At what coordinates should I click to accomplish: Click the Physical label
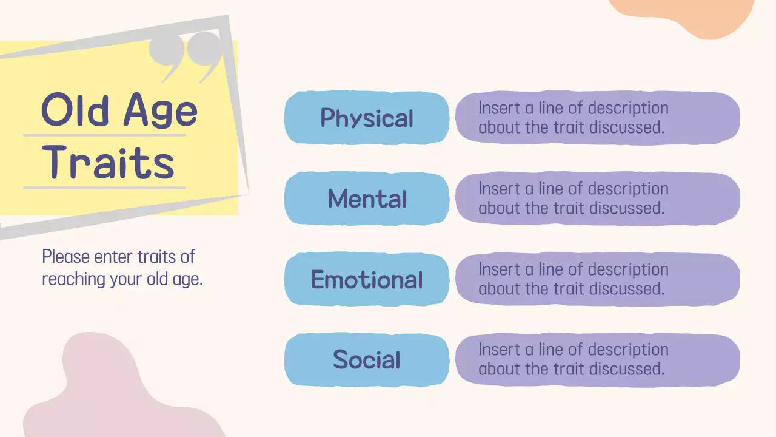click(x=367, y=118)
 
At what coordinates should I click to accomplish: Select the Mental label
click(x=367, y=198)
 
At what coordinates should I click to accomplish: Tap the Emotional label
click(x=367, y=279)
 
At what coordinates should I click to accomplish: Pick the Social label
click(x=367, y=359)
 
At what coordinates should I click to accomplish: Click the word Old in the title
click(x=75, y=110)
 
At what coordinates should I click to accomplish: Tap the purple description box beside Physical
click(x=597, y=118)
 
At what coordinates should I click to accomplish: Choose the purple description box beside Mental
click(x=597, y=198)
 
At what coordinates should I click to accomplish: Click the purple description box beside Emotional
click(x=597, y=279)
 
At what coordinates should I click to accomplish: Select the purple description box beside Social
click(x=597, y=359)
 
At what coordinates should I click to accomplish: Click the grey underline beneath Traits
click(x=104, y=188)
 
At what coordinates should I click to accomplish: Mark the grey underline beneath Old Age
click(x=104, y=135)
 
